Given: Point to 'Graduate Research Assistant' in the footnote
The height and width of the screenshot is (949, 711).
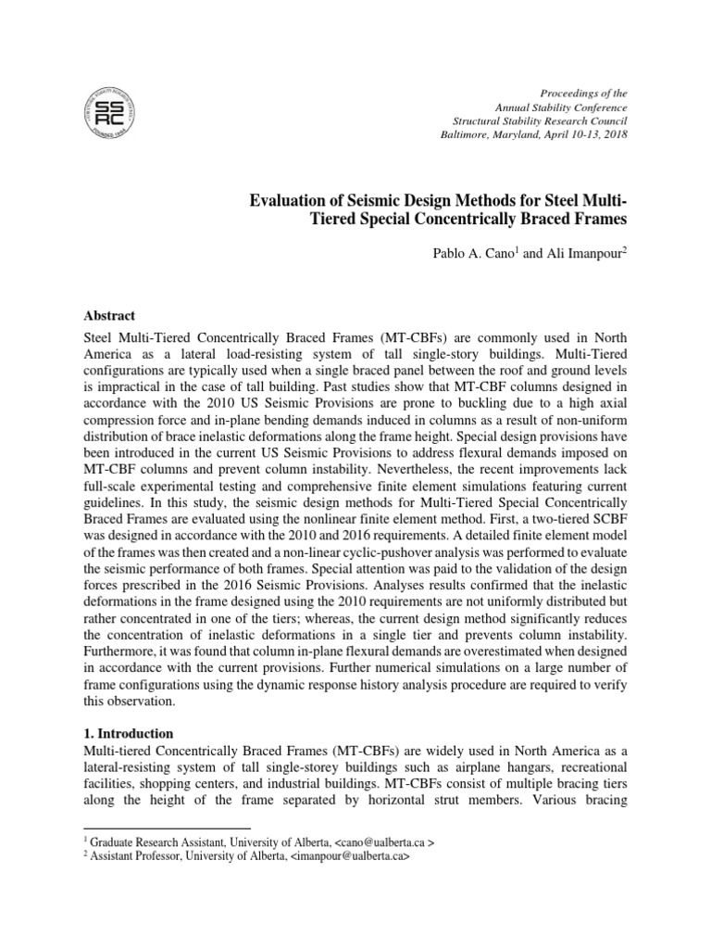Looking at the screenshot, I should click(x=158, y=841).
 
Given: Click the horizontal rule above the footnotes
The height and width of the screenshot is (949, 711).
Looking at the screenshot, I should click(x=167, y=828).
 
